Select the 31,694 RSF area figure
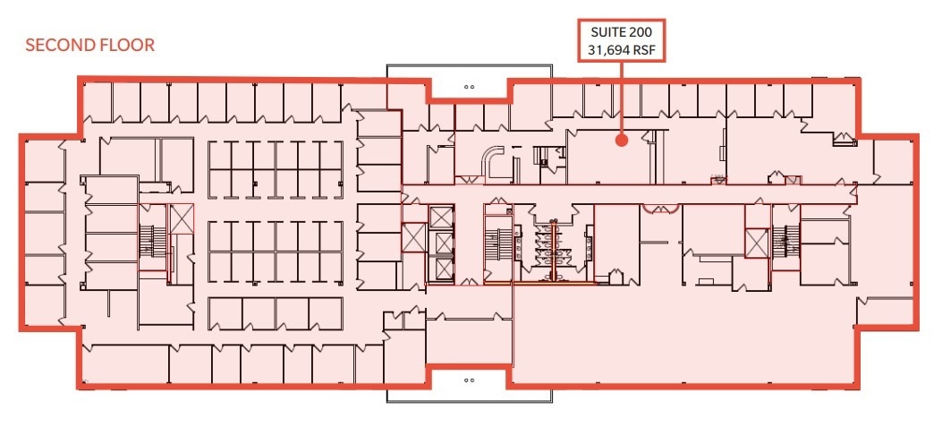click(621, 51)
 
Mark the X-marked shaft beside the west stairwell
click(182, 218)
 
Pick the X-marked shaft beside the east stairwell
click(757, 242)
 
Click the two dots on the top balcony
click(469, 87)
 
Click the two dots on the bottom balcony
click(469, 380)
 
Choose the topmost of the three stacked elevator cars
click(441, 218)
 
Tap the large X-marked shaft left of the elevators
click(413, 237)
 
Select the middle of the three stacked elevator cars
click(441, 243)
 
